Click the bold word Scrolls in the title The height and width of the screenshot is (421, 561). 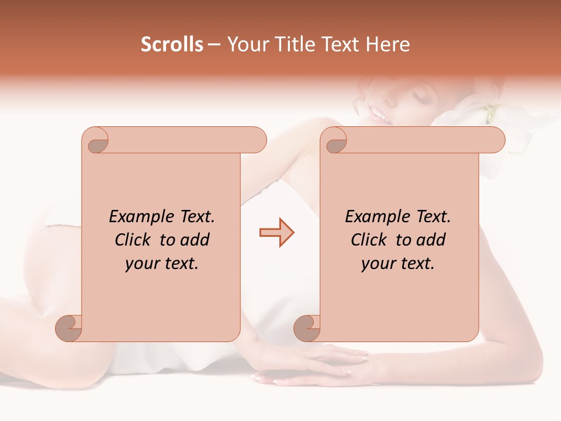point(172,44)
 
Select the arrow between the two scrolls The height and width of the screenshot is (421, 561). point(277,233)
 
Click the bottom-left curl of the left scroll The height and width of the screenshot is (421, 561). point(69,327)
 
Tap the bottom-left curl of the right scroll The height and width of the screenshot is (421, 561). point(307,327)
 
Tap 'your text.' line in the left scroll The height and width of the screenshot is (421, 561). point(162,264)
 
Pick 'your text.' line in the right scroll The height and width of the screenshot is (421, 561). point(398,264)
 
